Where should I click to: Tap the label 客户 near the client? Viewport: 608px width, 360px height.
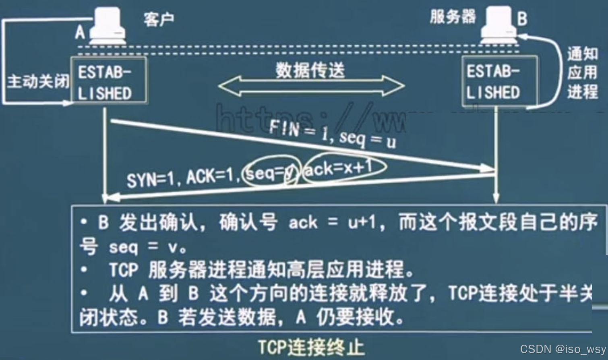point(159,19)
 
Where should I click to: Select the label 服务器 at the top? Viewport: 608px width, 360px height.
point(453,17)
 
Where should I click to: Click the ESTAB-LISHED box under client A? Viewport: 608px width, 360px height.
point(108,80)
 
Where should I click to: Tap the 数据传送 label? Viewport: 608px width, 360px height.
point(310,70)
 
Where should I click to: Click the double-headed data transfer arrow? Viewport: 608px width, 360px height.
point(311,86)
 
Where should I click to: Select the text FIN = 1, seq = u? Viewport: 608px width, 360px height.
point(332,134)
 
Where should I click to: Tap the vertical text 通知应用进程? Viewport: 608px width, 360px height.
point(582,73)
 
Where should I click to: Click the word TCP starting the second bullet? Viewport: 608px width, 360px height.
point(124,270)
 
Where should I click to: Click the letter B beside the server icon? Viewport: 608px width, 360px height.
point(522,19)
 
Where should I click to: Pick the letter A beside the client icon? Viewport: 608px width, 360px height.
point(80,32)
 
